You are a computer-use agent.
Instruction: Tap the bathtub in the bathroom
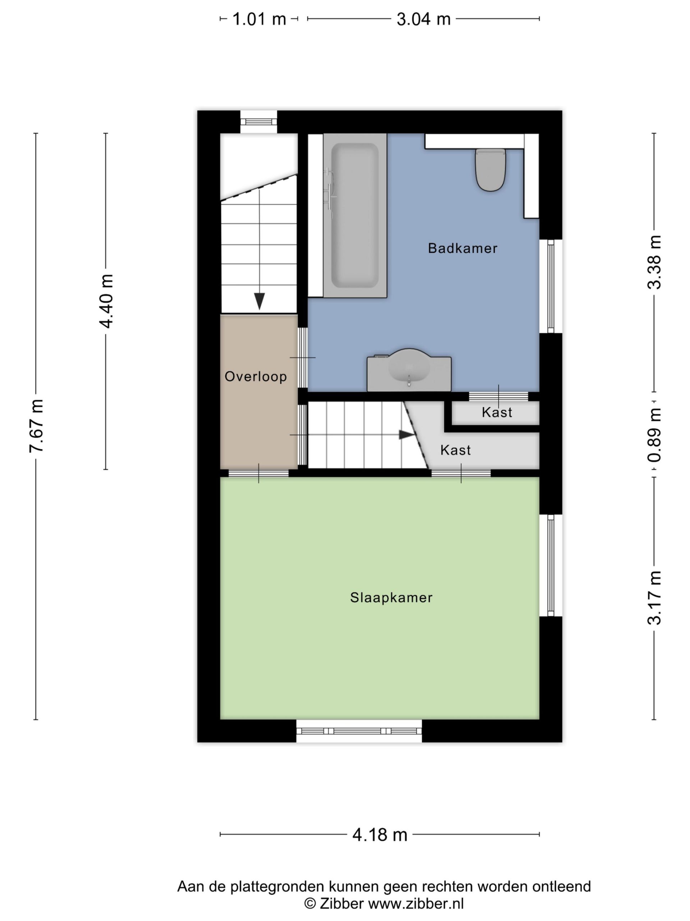tap(355, 215)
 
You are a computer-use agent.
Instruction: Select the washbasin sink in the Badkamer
tap(409, 370)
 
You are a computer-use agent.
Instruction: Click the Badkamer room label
tap(463, 248)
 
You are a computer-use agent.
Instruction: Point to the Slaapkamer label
tap(391, 598)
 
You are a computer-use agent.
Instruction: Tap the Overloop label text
tap(256, 376)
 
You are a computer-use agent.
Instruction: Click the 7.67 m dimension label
tap(37, 425)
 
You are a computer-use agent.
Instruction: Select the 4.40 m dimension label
tap(106, 301)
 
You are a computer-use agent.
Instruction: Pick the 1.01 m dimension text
tap(259, 19)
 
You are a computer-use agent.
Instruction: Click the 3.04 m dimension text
tap(423, 19)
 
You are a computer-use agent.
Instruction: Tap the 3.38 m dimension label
tap(654, 262)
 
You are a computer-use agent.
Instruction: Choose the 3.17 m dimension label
tap(654, 598)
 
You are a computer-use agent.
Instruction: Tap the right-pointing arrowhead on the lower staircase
tap(407, 435)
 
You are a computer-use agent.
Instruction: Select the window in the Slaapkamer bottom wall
tap(359, 731)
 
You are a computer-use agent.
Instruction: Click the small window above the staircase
tap(259, 122)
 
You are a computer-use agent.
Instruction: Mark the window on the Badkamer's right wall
tap(551, 286)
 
